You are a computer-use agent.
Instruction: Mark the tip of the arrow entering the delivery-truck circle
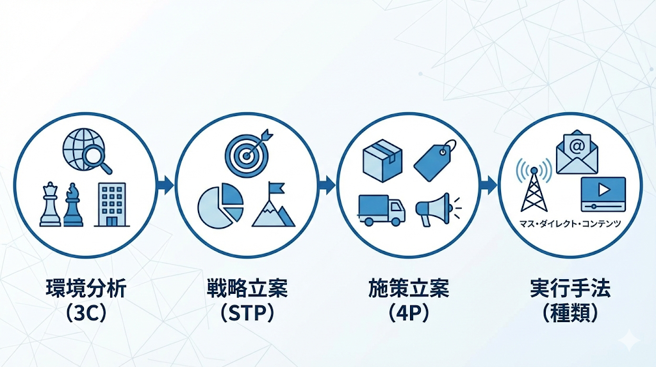click(x=336, y=185)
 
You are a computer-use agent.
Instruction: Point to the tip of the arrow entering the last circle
click(x=497, y=185)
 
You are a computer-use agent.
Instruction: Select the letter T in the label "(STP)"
click(x=247, y=313)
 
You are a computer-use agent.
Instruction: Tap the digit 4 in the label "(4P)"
click(x=402, y=313)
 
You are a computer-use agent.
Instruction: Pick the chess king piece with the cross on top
click(x=50, y=205)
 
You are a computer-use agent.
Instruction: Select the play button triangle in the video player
click(x=603, y=190)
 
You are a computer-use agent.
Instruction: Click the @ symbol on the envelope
click(x=577, y=147)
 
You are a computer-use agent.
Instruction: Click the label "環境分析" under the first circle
click(x=86, y=289)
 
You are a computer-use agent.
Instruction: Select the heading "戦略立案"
click(x=247, y=289)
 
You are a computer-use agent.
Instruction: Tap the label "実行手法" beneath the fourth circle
click(x=570, y=289)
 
